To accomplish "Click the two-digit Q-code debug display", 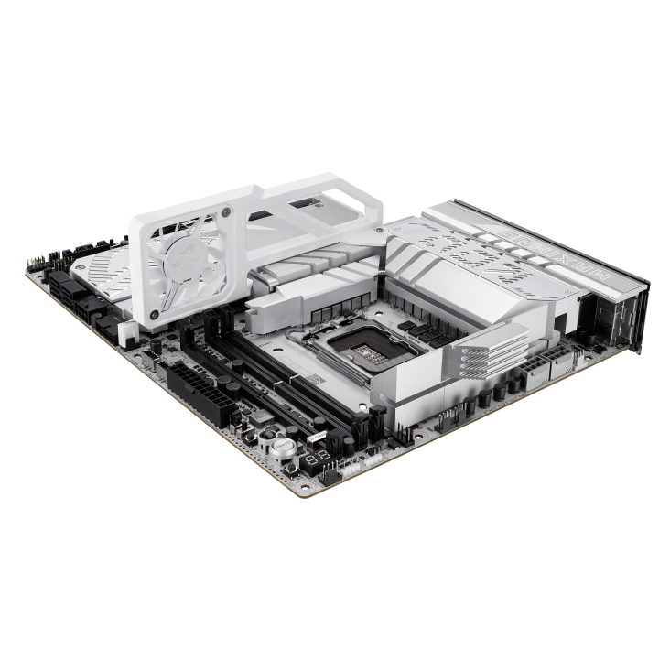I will [316, 457].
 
